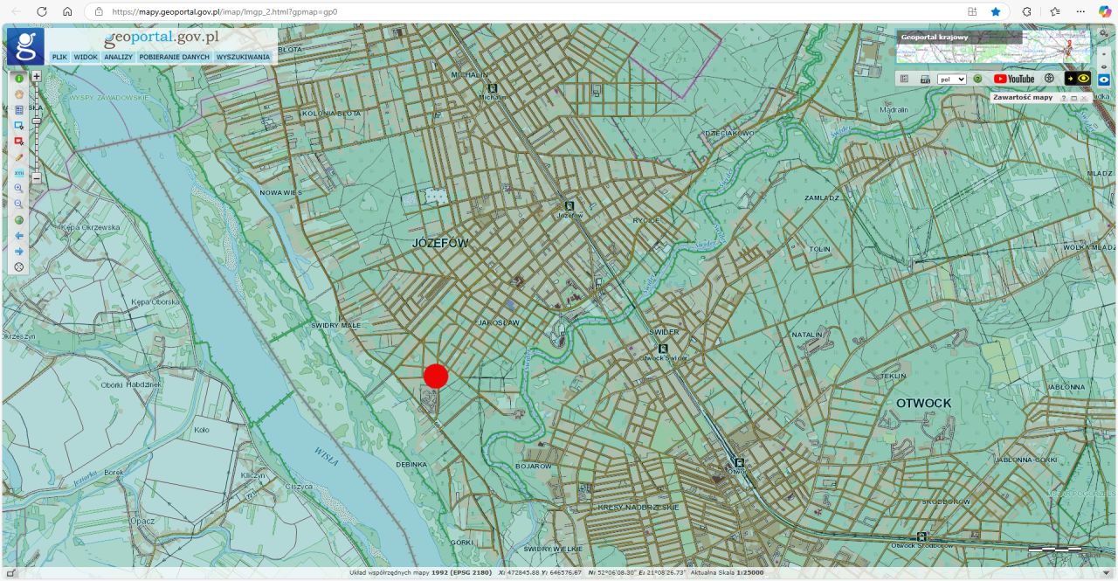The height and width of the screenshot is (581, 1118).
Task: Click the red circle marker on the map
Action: click(x=436, y=376)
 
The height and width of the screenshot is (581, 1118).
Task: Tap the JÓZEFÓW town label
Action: click(x=440, y=244)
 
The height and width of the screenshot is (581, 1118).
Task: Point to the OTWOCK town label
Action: click(x=923, y=403)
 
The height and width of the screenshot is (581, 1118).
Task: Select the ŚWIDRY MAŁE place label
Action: click(x=335, y=325)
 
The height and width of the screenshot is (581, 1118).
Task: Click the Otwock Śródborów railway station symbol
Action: click(x=921, y=536)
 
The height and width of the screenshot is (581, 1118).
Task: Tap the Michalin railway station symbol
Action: click(x=493, y=88)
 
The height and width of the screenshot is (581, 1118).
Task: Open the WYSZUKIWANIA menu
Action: click(x=243, y=57)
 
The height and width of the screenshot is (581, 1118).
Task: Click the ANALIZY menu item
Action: click(x=118, y=57)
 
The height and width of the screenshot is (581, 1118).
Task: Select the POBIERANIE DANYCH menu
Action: click(x=174, y=57)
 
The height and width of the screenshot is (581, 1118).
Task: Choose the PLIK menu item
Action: click(x=59, y=57)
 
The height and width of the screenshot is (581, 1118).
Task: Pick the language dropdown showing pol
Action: click(x=951, y=79)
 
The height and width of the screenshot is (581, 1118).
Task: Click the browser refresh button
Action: click(x=41, y=11)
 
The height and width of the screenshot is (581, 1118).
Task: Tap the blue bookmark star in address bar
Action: click(x=996, y=11)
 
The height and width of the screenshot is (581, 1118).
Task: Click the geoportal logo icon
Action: click(x=25, y=46)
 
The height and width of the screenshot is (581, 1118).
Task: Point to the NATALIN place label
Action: click(x=806, y=335)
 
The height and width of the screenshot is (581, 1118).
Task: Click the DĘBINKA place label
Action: click(x=411, y=464)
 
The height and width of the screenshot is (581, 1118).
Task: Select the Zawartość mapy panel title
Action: click(x=1023, y=97)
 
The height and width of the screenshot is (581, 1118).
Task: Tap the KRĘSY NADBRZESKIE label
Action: click(x=638, y=507)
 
